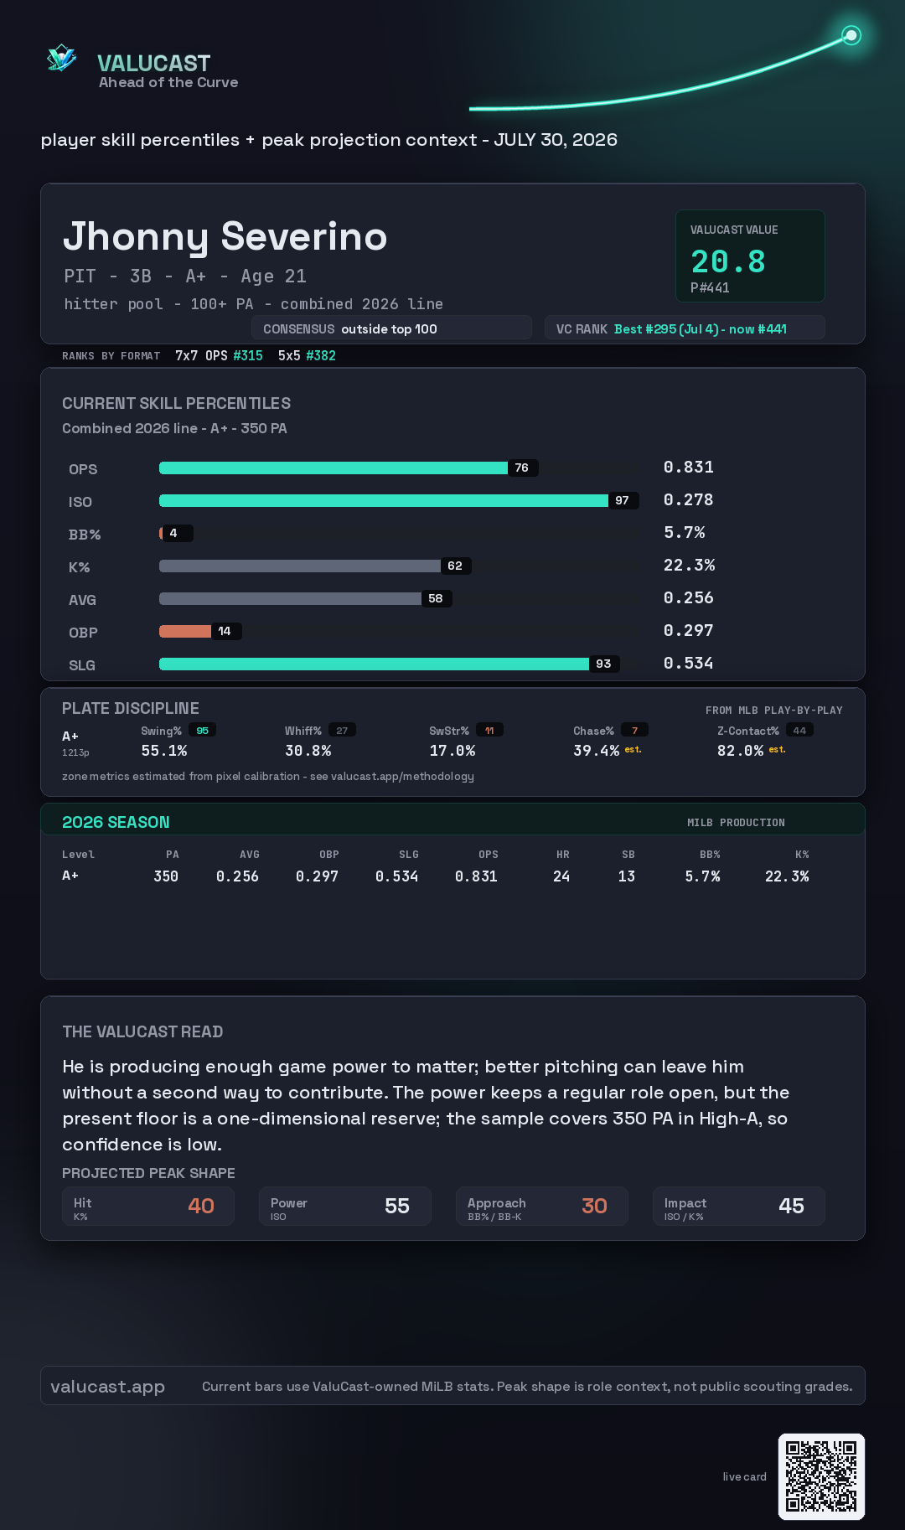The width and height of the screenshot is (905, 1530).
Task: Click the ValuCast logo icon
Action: pos(62,59)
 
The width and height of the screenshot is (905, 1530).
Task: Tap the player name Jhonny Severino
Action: pos(225,236)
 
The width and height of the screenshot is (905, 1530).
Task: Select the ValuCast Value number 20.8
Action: pos(727,261)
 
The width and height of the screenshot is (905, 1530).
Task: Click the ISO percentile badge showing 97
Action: pos(622,500)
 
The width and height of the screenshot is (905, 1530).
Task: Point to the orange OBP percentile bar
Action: pos(185,631)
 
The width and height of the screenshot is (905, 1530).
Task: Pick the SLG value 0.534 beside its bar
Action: pos(688,663)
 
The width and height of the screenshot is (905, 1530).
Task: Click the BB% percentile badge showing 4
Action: pos(174,533)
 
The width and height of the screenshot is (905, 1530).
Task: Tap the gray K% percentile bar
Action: pos(300,566)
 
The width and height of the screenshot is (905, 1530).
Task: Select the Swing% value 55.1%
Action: pos(163,751)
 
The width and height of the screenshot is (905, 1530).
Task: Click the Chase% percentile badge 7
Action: pos(634,731)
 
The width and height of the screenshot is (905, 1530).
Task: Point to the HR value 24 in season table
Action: pos(561,876)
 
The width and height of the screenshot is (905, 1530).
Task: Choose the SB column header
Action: pos(628,855)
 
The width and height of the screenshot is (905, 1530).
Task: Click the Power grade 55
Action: pos(397,1206)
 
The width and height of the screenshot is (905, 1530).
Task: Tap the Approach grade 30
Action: pos(594,1206)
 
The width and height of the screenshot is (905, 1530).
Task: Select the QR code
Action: pos(821,1476)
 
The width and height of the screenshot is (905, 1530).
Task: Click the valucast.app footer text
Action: pos(107,1387)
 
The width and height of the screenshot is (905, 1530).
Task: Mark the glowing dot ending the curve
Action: pos(851,35)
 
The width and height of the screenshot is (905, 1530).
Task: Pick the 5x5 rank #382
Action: pos(321,355)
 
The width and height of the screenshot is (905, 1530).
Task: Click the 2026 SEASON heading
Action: pos(116,822)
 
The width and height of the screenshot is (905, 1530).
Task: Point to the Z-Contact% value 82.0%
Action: pos(740,751)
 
